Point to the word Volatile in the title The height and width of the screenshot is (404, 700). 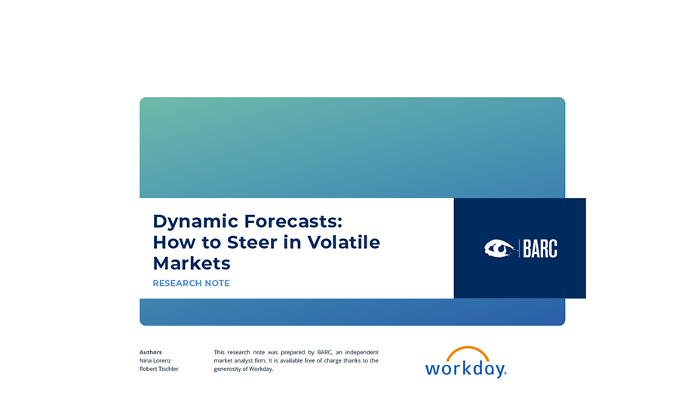tap(344, 242)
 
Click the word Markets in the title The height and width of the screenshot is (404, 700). tap(192, 263)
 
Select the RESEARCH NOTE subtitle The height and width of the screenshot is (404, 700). tap(191, 283)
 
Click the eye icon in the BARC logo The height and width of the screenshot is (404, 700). tap(499, 249)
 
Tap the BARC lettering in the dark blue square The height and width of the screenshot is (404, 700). tap(540, 249)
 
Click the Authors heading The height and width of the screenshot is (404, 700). tap(150, 352)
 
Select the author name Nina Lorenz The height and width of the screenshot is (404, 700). tap(155, 360)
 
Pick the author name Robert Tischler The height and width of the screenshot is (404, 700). tap(159, 369)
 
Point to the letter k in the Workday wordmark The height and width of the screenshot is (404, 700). tap(470, 367)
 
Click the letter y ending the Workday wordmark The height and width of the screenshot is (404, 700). tap(499, 371)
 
